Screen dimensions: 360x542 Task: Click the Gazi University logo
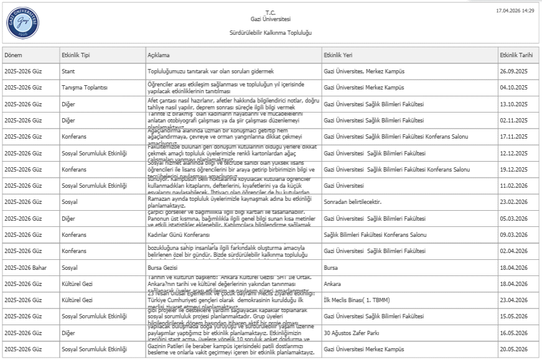click(x=23, y=23)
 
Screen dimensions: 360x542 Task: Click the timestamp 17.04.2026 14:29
click(x=515, y=11)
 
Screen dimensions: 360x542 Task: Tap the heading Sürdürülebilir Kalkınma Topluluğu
click(x=270, y=32)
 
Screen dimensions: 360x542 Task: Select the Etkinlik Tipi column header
click(x=76, y=55)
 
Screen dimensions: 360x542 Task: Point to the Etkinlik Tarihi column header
click(x=517, y=55)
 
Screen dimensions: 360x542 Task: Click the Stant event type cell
click(x=68, y=72)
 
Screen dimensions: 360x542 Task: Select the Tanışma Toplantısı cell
click(x=85, y=88)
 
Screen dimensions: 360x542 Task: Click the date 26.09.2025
click(x=513, y=72)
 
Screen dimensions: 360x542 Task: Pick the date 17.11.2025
click(x=513, y=136)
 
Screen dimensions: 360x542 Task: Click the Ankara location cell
click(x=334, y=283)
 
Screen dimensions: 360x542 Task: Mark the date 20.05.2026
click(x=513, y=349)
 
